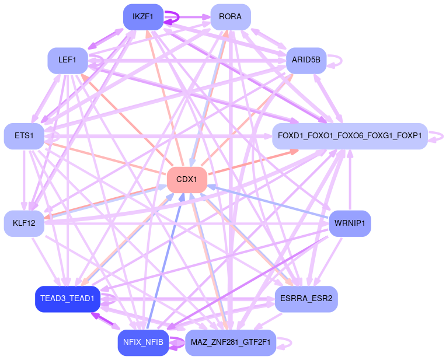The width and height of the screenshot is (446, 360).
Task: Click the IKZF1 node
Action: [x=143, y=17]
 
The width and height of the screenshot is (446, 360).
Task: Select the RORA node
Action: [x=230, y=17]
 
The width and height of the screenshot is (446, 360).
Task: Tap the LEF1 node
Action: [x=67, y=60]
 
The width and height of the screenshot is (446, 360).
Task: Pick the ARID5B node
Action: [x=306, y=60]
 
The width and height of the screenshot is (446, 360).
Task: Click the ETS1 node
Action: [x=24, y=136]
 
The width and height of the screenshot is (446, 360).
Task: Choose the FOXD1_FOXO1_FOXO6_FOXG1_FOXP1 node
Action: [x=350, y=136]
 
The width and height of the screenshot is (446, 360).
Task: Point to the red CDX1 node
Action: [x=187, y=180]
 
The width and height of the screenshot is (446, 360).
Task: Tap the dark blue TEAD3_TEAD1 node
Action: [x=67, y=299]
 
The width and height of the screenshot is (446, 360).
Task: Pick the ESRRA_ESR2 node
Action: [x=306, y=299]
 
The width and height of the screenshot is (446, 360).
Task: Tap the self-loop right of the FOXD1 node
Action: [x=442, y=136]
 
